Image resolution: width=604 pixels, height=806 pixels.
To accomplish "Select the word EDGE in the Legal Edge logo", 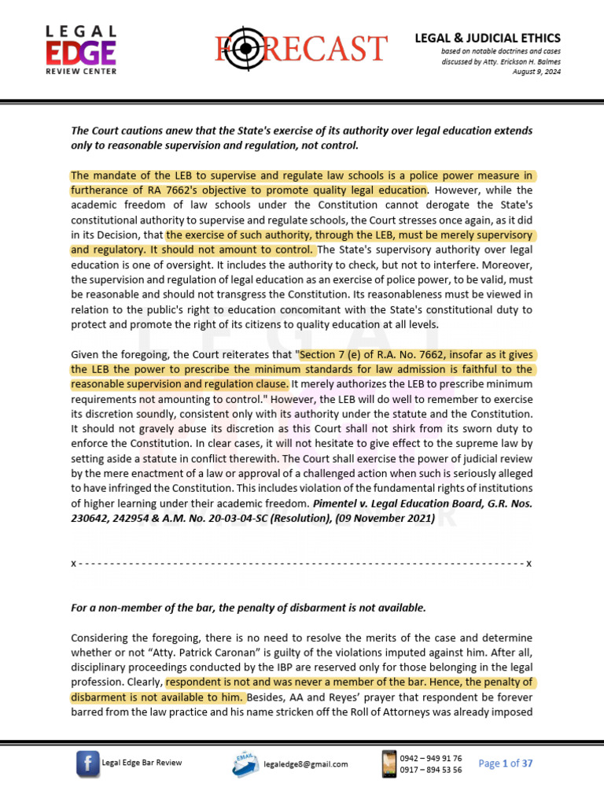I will [80, 53].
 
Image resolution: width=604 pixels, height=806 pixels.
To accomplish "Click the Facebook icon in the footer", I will [87, 763].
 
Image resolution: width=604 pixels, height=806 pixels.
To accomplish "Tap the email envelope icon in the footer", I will [245, 763].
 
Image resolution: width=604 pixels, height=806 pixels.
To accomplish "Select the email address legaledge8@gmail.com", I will [306, 764].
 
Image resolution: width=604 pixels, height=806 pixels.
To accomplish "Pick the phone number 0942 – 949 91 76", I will [430, 758].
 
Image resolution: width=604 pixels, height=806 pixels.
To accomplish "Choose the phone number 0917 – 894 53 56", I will [430, 770].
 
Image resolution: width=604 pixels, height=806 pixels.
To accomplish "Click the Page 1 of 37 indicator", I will [506, 763].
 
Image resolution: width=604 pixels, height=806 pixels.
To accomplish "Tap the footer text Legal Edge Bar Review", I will [146, 763].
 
